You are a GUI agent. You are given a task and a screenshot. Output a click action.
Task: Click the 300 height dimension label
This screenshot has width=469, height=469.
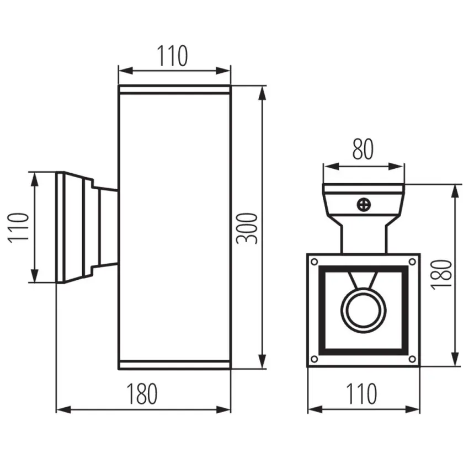click(x=247, y=228)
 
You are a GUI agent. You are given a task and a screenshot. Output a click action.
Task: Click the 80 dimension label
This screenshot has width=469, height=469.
click(x=363, y=149)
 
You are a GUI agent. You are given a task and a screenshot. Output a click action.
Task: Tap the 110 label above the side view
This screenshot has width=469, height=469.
click(x=173, y=56)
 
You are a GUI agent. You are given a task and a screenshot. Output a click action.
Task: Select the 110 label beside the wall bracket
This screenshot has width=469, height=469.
click(x=18, y=228)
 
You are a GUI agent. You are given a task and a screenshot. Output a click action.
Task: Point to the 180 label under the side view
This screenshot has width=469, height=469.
click(x=142, y=393)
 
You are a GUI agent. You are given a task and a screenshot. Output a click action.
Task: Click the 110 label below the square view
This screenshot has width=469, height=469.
click(x=361, y=393)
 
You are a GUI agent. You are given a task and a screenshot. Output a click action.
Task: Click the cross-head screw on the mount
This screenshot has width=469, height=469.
click(x=364, y=205)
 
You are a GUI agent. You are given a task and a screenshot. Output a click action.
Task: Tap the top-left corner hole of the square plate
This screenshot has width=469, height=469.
click(x=315, y=262)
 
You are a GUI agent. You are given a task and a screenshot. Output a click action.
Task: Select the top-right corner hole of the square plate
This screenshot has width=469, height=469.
click(x=412, y=262)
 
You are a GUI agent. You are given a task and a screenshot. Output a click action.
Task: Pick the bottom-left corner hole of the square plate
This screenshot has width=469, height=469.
click(x=315, y=359)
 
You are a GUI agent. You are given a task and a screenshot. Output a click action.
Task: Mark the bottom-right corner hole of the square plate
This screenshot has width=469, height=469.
click(x=412, y=359)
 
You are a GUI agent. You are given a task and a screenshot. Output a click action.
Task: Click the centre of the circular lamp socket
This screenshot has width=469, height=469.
click(x=364, y=311)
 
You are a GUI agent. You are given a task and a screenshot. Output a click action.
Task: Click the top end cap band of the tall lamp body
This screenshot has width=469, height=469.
click(x=175, y=90)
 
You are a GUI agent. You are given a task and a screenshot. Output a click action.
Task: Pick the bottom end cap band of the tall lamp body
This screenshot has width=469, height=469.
click(x=175, y=365)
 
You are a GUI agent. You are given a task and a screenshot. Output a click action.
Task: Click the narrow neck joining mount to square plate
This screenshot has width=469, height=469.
click(x=364, y=239)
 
